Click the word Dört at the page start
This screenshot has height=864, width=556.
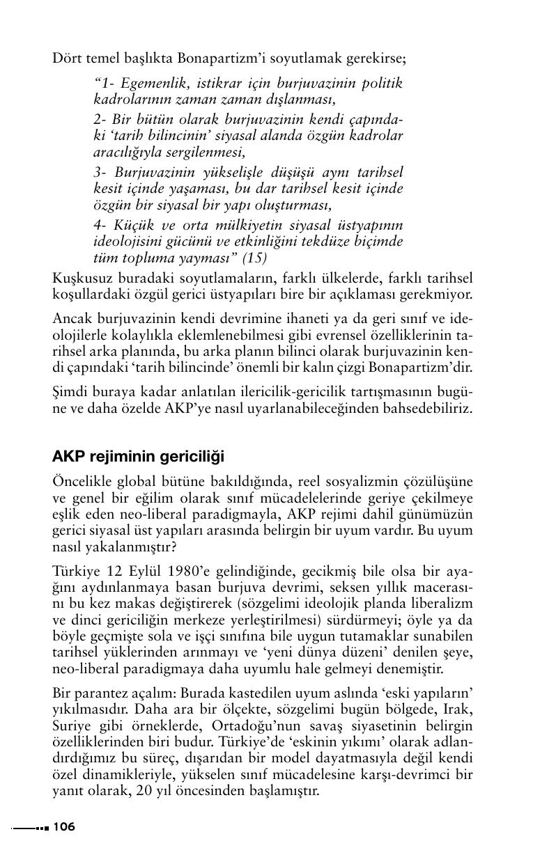[x=66, y=58]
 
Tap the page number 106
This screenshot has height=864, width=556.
[x=63, y=827]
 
